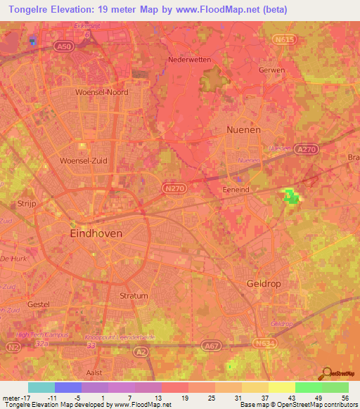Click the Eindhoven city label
tap(96, 233)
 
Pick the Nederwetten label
tap(190, 60)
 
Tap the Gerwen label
tap(271, 70)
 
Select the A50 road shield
tap(65, 46)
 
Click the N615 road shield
tap(284, 41)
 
